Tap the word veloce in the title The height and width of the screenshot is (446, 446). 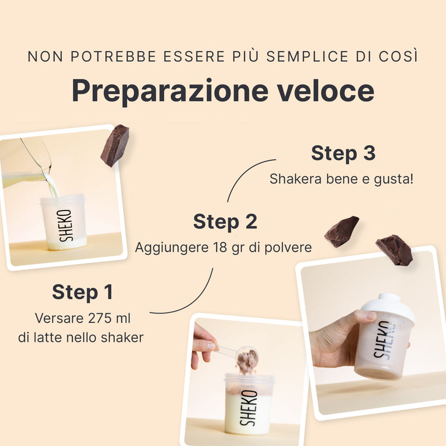coord(326,90)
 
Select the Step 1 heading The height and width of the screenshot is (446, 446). coord(83,292)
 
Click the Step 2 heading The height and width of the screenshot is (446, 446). coord(225,222)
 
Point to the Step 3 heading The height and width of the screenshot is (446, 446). coord(343,153)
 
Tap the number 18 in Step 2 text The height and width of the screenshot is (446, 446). coord(219,247)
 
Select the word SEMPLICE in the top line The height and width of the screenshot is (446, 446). coord(307,56)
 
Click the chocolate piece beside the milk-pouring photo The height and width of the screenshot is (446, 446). coord(115,145)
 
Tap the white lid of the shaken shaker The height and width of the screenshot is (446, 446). coord(388,307)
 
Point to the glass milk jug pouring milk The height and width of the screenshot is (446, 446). coord(26,165)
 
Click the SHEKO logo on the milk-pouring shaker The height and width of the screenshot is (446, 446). coord(65,225)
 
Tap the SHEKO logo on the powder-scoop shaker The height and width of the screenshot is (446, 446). coord(249,408)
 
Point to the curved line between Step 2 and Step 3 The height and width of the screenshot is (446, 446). coord(244,174)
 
